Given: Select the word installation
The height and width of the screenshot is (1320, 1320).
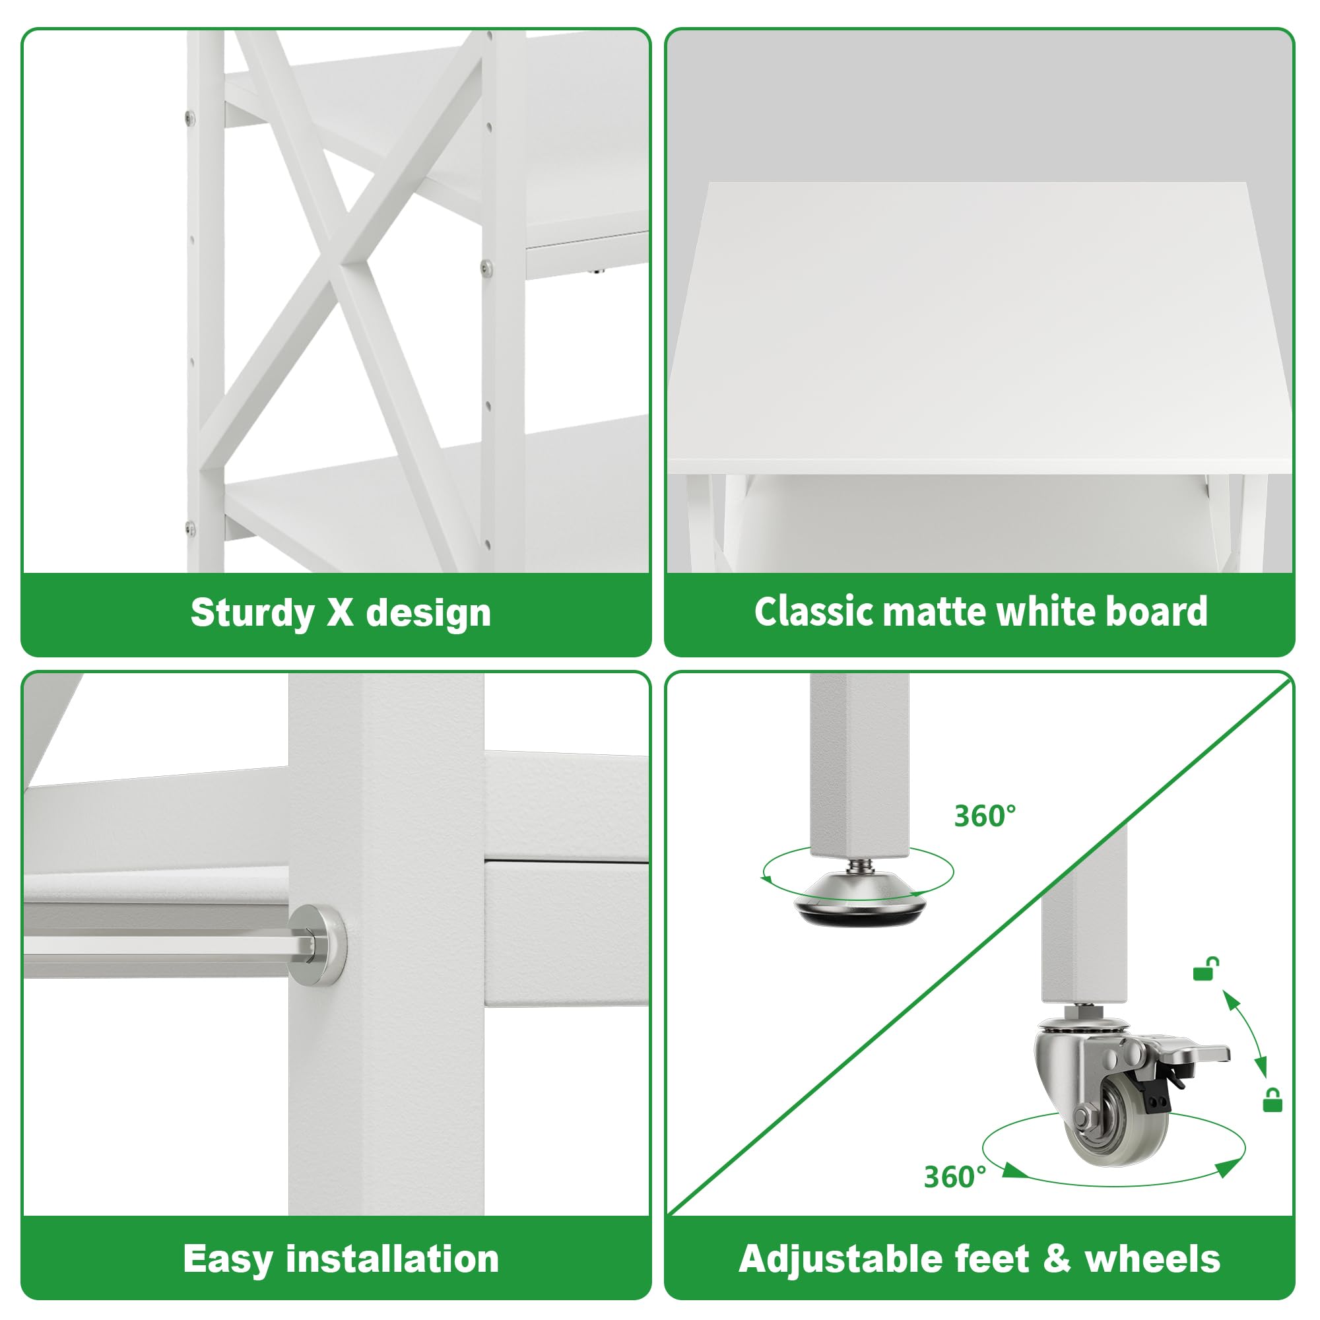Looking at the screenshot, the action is [x=392, y=1259].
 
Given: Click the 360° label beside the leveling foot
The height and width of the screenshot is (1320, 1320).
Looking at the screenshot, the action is [x=985, y=816].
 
